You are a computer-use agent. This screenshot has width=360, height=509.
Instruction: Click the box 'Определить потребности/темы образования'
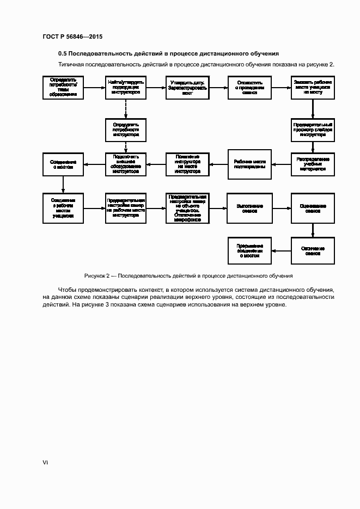click(x=63, y=87)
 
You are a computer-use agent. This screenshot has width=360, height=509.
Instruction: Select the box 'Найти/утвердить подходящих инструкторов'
click(x=126, y=87)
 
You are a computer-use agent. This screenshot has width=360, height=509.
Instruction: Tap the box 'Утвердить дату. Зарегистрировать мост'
click(x=187, y=87)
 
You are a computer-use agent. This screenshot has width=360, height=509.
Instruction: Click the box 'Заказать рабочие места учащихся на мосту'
click(x=313, y=87)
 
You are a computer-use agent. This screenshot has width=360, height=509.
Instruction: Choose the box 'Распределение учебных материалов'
click(x=313, y=164)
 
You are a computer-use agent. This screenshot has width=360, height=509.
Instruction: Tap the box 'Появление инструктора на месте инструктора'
click(x=187, y=164)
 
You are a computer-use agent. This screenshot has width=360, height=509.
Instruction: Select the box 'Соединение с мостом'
click(x=63, y=164)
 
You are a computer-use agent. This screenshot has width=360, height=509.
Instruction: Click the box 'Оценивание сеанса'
click(x=313, y=208)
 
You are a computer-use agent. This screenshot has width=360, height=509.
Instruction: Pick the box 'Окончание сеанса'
click(x=313, y=250)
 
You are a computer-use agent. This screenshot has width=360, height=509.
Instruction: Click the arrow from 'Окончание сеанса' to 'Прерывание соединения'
click(x=281, y=250)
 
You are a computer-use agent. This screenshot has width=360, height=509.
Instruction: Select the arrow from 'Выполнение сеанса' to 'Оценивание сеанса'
click(x=281, y=208)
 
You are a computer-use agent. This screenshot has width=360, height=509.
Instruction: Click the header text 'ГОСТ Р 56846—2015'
click(x=72, y=36)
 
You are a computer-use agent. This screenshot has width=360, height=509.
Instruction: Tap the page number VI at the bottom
click(x=45, y=462)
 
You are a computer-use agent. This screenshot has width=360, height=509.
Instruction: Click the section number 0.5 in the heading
click(x=63, y=54)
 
